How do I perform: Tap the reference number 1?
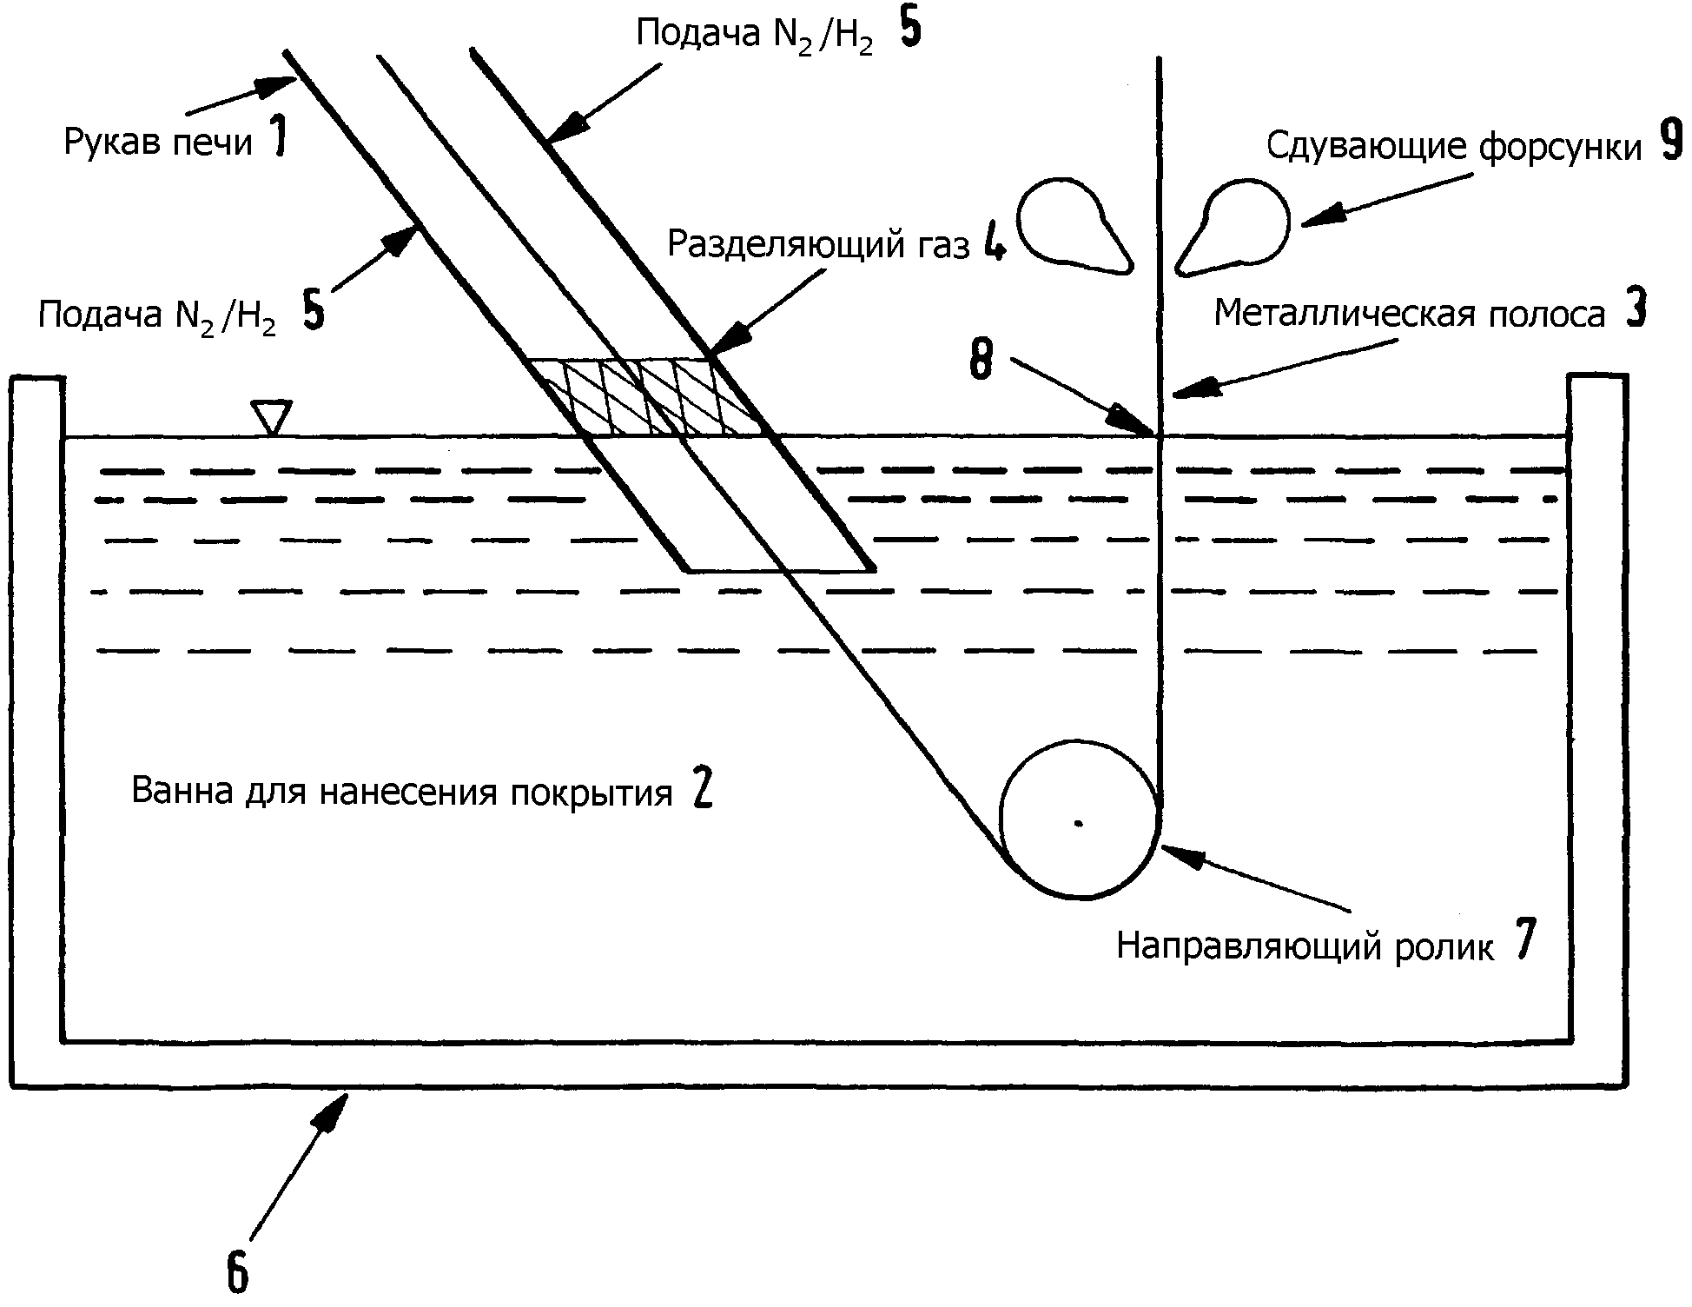[277, 138]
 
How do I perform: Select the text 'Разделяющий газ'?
[817, 245]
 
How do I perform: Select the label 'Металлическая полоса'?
[1409, 314]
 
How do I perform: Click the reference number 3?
[1636, 310]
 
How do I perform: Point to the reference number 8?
[981, 360]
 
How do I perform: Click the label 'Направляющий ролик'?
[1305, 946]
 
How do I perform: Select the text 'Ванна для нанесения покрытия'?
[402, 793]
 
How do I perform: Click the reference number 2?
[703, 790]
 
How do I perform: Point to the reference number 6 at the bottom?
[237, 1272]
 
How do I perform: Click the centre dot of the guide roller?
[1079, 822]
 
